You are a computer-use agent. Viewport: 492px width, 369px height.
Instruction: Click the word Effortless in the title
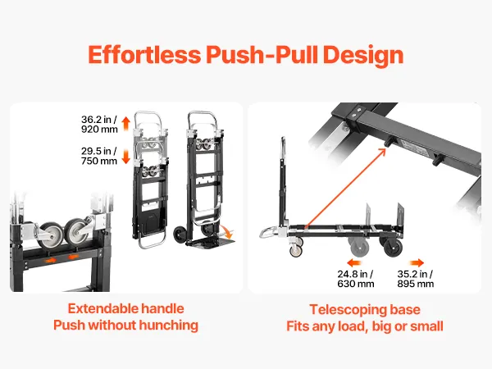144,54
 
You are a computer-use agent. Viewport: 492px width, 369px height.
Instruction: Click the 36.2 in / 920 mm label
99,125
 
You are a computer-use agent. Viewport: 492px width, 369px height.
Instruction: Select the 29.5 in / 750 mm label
99,156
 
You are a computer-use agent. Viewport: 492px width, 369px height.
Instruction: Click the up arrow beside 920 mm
126,123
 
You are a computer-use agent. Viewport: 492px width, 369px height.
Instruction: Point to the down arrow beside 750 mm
125,157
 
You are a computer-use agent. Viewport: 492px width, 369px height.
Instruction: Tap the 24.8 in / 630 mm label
356,279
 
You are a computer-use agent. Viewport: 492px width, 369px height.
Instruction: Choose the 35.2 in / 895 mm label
416,279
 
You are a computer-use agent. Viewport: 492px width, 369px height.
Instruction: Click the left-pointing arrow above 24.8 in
354,262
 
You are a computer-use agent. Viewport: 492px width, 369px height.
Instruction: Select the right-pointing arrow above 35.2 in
417,262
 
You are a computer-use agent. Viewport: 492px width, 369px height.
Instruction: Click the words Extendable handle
125,309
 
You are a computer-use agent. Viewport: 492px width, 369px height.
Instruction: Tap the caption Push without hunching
125,325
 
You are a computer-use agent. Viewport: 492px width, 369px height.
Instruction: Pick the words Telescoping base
365,310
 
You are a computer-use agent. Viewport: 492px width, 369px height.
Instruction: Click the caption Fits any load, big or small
365,326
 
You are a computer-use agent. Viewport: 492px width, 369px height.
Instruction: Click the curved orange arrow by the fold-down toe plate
227,231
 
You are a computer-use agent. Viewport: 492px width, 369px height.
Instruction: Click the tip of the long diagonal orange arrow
385,148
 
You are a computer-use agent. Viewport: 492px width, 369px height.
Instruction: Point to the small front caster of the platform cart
296,251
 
